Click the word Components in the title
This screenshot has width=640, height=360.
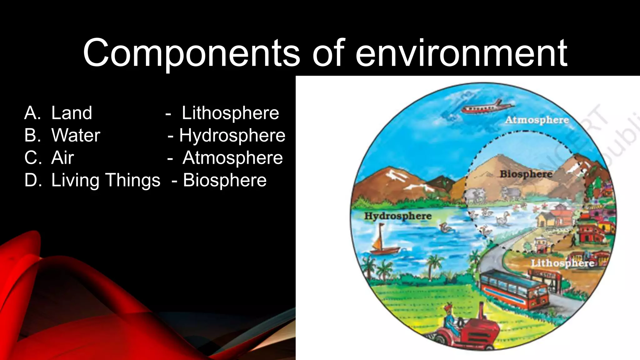(x=191, y=53)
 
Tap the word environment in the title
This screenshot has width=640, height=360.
(x=461, y=53)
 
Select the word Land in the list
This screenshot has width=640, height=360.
(x=72, y=113)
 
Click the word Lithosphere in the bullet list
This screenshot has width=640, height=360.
(x=230, y=113)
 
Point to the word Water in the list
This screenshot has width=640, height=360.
(x=76, y=135)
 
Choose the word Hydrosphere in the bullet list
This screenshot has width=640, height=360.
(x=232, y=135)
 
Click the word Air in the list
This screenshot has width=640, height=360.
(x=62, y=158)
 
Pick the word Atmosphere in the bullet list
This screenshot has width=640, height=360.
(x=232, y=158)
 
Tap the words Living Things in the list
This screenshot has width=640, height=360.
(x=106, y=180)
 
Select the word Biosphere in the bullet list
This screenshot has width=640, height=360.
(x=225, y=180)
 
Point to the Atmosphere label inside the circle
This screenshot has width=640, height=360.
(x=537, y=120)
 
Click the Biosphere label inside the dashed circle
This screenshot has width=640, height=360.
(x=526, y=174)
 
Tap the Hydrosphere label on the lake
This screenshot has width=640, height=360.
(x=397, y=216)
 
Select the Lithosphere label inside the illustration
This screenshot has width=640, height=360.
(x=562, y=263)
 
